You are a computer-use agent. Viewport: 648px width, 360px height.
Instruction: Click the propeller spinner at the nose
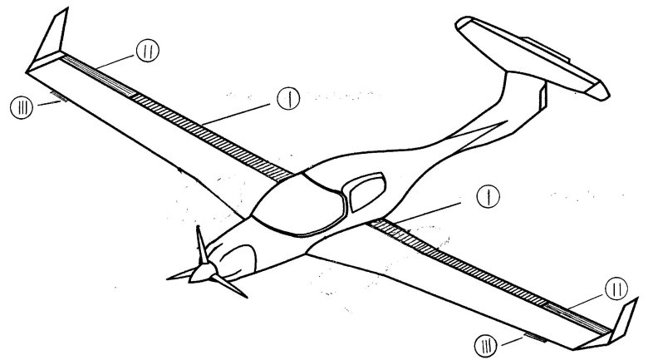203,273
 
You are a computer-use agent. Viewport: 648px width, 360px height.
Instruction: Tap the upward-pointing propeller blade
202,245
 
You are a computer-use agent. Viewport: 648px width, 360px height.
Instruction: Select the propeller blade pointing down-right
229,286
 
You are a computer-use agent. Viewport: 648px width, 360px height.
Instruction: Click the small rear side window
367,192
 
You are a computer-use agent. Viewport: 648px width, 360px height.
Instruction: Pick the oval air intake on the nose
237,261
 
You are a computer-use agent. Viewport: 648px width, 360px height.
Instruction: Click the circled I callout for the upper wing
288,98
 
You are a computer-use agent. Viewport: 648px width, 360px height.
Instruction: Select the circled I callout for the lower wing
488,196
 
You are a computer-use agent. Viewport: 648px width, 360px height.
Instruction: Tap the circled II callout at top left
148,51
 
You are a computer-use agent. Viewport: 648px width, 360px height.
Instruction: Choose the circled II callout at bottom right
616,288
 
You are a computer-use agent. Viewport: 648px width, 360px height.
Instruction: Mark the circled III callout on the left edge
21,107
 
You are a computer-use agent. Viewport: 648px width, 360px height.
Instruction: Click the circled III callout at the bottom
486,346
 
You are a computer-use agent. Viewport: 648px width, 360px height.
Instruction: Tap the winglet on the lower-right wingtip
624,320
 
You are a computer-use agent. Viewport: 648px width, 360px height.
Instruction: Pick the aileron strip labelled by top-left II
97,76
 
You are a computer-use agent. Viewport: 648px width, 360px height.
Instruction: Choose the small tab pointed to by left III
58,96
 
